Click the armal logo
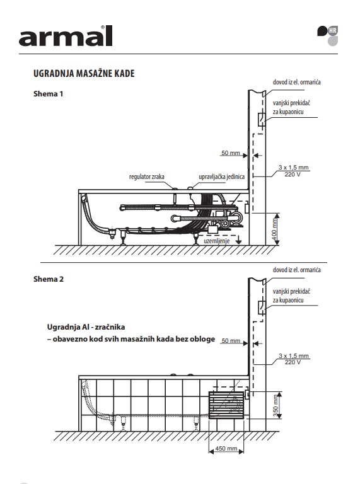pyautogui.click(x=66, y=36)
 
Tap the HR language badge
pyautogui.click(x=332, y=30)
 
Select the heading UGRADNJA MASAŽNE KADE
pyautogui.click(x=84, y=74)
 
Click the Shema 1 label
pyautogui.click(x=48, y=94)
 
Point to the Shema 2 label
pyautogui.click(x=49, y=279)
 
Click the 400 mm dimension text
pyautogui.click(x=275, y=229)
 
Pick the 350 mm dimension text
pyautogui.click(x=276, y=406)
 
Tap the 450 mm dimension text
pyautogui.click(x=226, y=449)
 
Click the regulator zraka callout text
pyautogui.click(x=147, y=177)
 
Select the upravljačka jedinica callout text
pyautogui.click(x=222, y=177)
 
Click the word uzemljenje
pyautogui.click(x=217, y=241)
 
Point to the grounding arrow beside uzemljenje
pyautogui.click(x=238, y=239)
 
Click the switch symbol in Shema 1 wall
pyautogui.click(x=262, y=120)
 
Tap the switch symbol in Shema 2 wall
pyautogui.click(x=262, y=308)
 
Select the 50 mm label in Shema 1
pyautogui.click(x=231, y=153)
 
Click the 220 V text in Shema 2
pyautogui.click(x=293, y=362)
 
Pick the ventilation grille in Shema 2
pyautogui.click(x=226, y=405)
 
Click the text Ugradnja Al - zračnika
pyautogui.click(x=86, y=327)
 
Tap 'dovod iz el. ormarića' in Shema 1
pyautogui.click(x=297, y=82)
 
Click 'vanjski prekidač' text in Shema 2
pyautogui.click(x=291, y=291)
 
